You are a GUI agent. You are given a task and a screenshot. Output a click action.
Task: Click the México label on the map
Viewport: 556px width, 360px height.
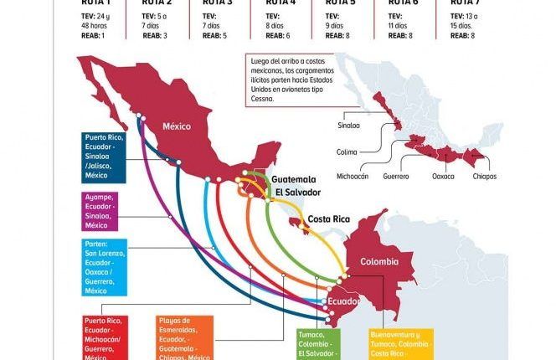coord(177,126)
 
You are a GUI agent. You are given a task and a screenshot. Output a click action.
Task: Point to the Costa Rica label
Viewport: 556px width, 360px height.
coord(329,219)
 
